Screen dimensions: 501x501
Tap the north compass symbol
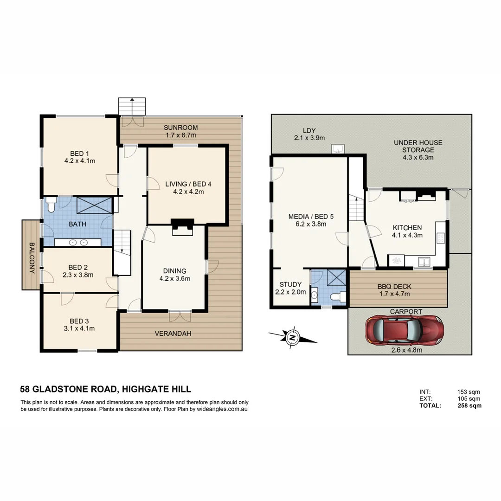[292, 337]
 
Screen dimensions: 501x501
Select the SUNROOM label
[181, 128]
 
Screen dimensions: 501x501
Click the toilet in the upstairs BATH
[51, 203]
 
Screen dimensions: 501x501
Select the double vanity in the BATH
[77, 242]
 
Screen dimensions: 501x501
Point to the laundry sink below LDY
[337, 148]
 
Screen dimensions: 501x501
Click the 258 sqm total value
[469, 405]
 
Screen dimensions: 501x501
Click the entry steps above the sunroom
[132, 105]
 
